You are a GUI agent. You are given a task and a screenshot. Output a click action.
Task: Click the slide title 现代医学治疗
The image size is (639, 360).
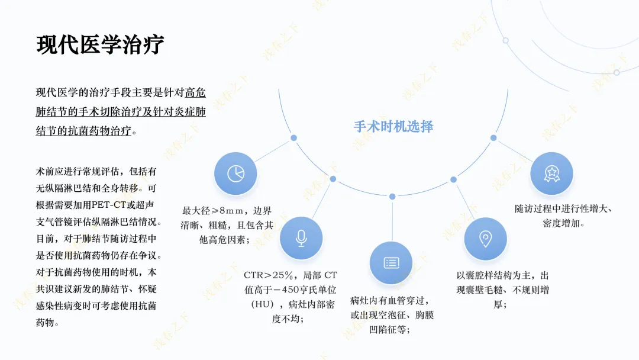point(100,45)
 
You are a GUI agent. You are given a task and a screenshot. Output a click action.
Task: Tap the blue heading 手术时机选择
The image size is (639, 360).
point(393,126)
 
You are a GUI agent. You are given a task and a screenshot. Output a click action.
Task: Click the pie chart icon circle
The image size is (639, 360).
point(235,173)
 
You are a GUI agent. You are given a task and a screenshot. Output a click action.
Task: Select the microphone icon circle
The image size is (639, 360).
point(301,238)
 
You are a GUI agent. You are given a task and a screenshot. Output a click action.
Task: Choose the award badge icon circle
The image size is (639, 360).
point(551,173)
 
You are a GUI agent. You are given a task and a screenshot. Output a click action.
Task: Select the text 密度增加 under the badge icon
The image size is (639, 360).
point(561,224)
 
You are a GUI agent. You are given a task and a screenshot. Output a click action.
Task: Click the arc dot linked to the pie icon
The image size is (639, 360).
point(293,138)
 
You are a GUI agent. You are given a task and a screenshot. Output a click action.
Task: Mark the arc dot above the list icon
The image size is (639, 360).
point(392,196)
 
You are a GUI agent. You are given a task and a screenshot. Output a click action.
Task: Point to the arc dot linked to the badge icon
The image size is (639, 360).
point(493,138)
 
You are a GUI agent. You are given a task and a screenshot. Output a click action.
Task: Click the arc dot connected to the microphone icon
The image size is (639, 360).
point(333,179)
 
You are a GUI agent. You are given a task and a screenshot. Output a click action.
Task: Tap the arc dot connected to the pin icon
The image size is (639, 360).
point(453,179)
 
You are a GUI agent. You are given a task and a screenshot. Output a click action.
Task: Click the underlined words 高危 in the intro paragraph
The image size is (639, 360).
point(195,93)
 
